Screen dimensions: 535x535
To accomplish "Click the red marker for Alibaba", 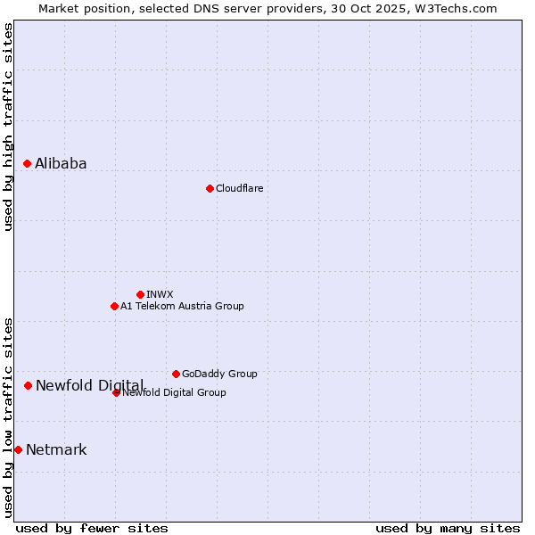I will tap(28, 163).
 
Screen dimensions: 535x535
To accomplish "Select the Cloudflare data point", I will tap(210, 188).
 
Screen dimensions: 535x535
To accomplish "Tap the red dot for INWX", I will tap(140, 294).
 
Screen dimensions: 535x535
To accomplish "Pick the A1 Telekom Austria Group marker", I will tap(114, 306).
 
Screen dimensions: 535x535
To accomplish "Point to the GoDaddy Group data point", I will tap(176, 374).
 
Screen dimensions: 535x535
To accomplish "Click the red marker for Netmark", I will tap(18, 449).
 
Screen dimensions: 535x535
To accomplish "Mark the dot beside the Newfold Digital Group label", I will tap(116, 392).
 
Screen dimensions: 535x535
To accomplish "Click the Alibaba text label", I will tap(61, 163).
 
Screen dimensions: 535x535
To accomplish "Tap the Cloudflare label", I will tap(239, 188).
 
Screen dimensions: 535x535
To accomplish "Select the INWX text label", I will tap(160, 294).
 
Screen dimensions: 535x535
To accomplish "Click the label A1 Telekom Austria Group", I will tap(182, 306).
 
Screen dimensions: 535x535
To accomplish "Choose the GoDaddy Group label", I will tap(219, 374).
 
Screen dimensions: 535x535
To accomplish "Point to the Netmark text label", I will tap(56, 449).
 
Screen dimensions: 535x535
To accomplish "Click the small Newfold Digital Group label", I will tap(174, 392).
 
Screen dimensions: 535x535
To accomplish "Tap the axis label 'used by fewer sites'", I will tap(92, 528).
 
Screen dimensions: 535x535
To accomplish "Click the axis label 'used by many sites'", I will tap(448, 528).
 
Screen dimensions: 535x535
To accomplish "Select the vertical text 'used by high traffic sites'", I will tap(8, 128).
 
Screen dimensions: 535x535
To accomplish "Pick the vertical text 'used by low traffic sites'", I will tap(8, 417).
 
